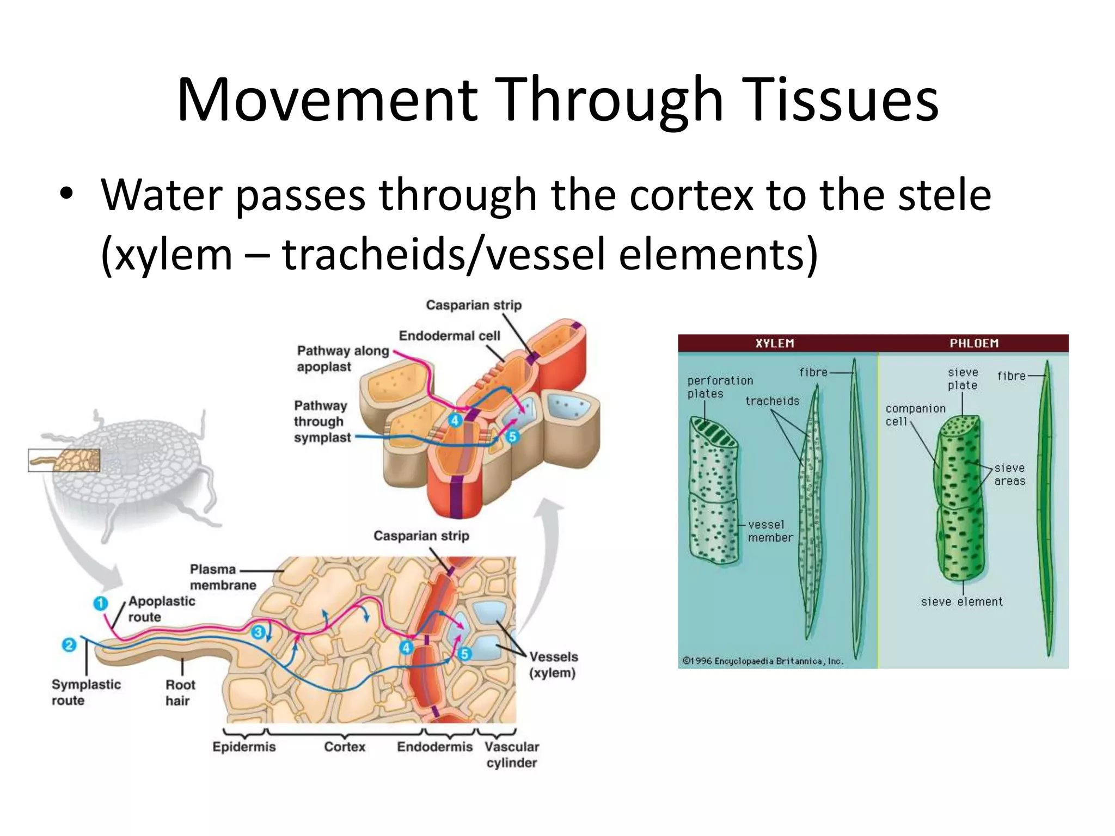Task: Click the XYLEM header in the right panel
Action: point(774,343)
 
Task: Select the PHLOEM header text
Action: point(974,343)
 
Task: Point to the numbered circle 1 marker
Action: point(100,603)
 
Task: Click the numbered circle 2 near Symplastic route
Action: point(69,646)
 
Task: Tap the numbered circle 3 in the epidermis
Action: point(259,632)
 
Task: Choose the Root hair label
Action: point(180,692)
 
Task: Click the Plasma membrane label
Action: point(222,577)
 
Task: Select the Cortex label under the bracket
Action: point(344,747)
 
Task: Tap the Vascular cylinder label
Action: point(511,754)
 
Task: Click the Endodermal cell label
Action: point(449,336)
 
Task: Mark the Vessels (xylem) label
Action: point(553,665)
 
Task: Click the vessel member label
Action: point(769,531)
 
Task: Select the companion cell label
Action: point(915,415)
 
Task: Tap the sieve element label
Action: point(961,601)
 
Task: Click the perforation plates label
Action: point(720,387)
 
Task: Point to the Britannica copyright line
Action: point(762,661)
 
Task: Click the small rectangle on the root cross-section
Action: point(64,460)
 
